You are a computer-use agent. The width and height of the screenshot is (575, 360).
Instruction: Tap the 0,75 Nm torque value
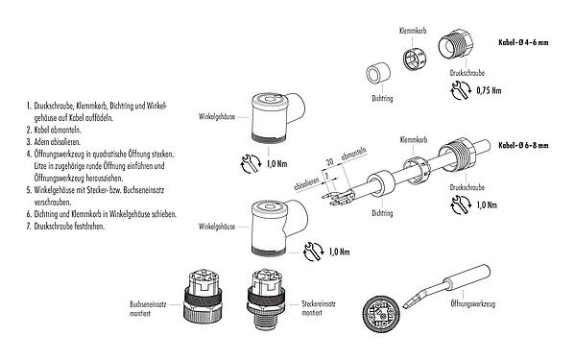(490, 91)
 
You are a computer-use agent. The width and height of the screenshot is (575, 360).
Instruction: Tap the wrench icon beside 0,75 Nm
(458, 93)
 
